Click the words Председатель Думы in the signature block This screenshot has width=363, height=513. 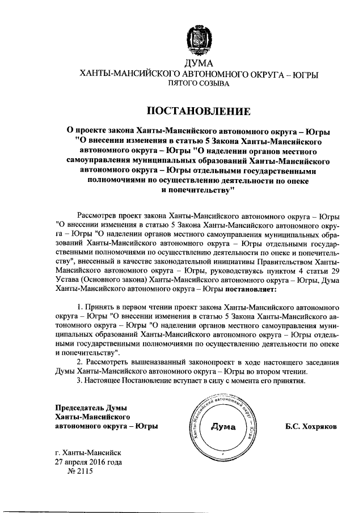point(90,408)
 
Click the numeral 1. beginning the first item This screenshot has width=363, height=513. point(80,307)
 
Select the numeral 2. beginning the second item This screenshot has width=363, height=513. point(80,361)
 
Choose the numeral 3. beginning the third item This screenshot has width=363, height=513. point(80,380)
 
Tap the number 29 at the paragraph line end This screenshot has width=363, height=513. point(335,271)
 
